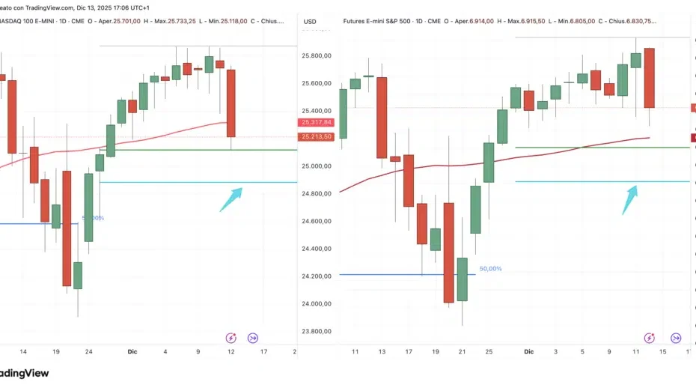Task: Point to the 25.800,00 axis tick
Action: tap(317, 56)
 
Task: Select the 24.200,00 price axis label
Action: tap(317, 276)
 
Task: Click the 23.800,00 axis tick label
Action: tap(317, 331)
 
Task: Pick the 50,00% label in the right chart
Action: tap(490, 268)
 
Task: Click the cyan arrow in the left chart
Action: tap(231, 199)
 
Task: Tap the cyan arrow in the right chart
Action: tap(630, 199)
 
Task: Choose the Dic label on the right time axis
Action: tap(528, 351)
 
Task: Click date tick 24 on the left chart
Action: tap(88, 351)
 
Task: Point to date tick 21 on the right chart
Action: tap(463, 351)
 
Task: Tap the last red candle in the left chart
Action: tap(232, 103)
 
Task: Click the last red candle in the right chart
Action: tap(649, 78)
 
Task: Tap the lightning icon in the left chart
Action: tap(231, 338)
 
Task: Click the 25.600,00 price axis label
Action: tap(317, 84)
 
